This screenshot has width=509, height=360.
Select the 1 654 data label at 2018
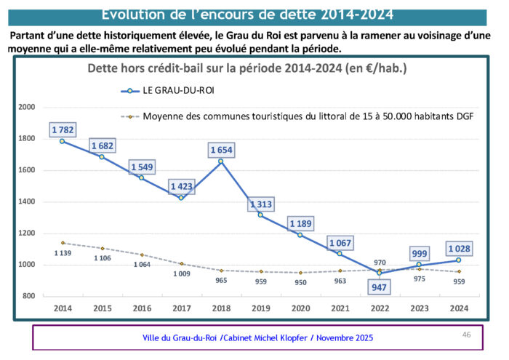tap(221, 150)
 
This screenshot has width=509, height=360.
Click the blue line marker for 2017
tap(182, 198)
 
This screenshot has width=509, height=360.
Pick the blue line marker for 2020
tap(300, 235)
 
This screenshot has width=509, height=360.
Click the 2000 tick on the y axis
tap(27, 107)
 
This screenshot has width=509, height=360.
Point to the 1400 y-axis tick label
tap(27, 201)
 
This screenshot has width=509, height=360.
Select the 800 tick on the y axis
tap(29, 296)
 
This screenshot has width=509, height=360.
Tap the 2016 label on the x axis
tap(142, 308)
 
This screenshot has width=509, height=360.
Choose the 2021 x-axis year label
tap(340, 308)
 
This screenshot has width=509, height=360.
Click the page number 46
tap(467, 335)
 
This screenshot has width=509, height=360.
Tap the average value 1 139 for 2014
tap(62, 252)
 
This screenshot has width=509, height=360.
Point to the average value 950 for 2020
tap(300, 282)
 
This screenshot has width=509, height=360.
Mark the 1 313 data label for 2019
tap(261, 204)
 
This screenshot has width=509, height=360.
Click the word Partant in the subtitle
tap(31, 36)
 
